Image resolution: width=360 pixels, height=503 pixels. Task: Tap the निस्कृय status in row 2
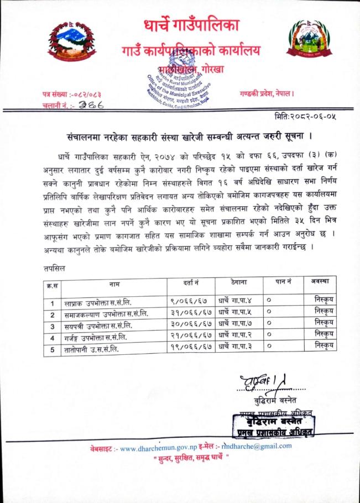point(322,313)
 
